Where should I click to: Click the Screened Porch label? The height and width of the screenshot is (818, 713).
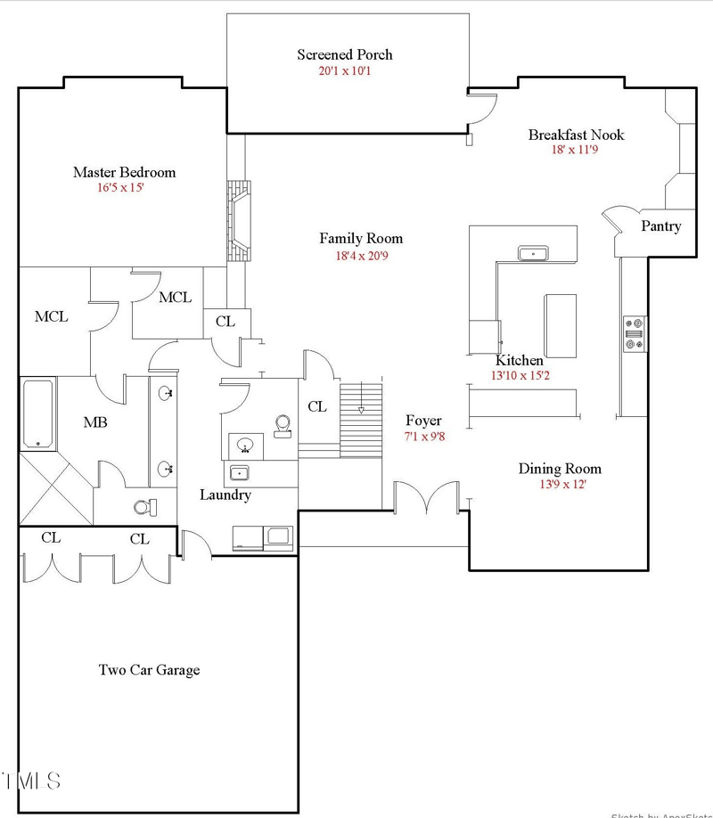click(344, 54)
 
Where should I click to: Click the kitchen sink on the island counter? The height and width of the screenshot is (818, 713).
click(533, 253)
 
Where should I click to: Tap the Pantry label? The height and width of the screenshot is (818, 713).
click(660, 226)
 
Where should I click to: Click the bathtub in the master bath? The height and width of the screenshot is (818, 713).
click(38, 413)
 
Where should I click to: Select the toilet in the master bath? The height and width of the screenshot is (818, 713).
click(144, 506)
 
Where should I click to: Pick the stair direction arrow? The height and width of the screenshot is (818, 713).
click(361, 410)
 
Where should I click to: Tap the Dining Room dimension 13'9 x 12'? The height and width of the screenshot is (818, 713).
click(560, 485)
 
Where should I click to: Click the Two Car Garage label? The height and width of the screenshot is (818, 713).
click(149, 670)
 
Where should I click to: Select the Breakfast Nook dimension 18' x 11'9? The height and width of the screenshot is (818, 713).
click(576, 151)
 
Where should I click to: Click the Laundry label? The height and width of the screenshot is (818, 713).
click(225, 495)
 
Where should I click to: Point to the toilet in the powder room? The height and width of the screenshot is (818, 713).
click(283, 426)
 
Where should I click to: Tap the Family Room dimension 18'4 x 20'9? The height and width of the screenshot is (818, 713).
click(361, 255)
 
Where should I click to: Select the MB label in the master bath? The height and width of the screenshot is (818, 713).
click(95, 422)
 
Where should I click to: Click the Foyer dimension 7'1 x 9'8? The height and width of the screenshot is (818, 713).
click(423, 438)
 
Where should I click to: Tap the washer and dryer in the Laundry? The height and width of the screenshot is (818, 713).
click(262, 536)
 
